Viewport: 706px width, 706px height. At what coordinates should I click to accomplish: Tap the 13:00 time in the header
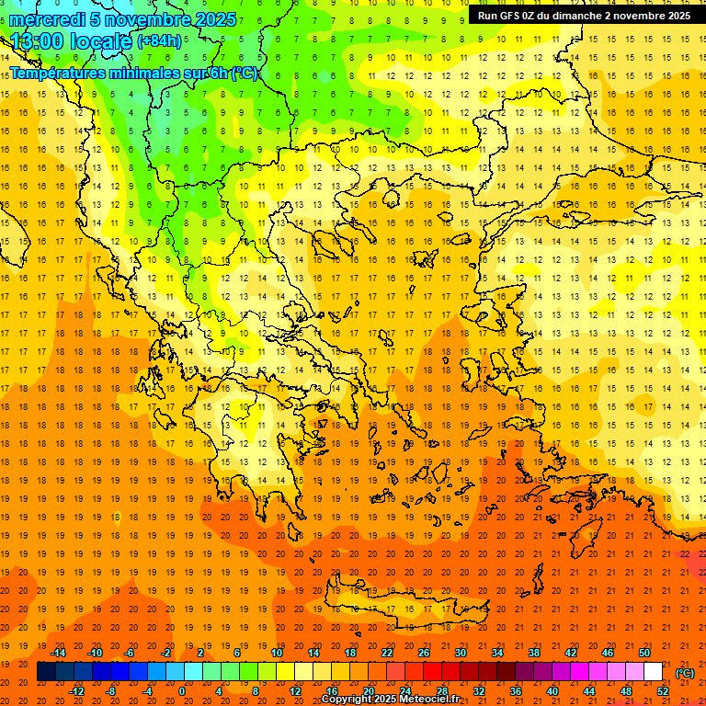click(36, 41)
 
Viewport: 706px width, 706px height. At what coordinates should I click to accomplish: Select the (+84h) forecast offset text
click(159, 41)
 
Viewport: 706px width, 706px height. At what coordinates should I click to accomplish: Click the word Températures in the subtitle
click(59, 73)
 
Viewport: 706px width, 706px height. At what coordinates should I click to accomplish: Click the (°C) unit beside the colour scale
click(685, 673)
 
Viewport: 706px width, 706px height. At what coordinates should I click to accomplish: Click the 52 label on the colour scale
click(663, 691)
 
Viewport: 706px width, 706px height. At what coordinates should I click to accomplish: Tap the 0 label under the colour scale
click(182, 691)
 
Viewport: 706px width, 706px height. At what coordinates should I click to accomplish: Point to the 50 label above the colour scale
click(644, 653)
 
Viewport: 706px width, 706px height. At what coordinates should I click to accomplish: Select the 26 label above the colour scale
click(424, 653)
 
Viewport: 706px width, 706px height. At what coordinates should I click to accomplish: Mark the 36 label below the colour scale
click(516, 691)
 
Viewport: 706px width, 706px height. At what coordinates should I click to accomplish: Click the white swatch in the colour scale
click(654, 672)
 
